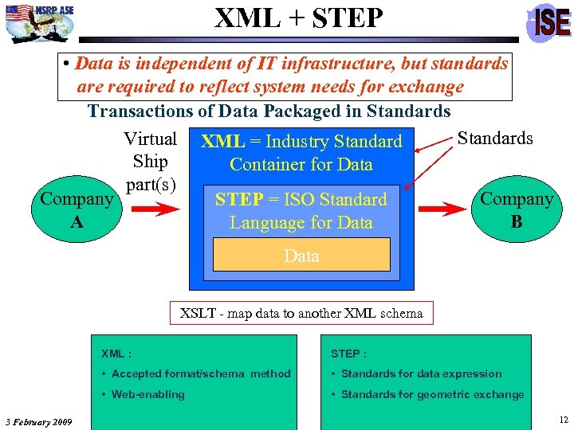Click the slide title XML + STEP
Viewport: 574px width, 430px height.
coord(299,18)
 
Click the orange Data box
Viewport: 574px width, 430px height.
coord(301,256)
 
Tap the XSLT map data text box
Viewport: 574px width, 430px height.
coord(301,313)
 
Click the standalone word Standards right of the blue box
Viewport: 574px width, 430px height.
coord(495,139)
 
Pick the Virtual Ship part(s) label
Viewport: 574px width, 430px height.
coord(151,162)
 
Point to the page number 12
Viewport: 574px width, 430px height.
coord(564,420)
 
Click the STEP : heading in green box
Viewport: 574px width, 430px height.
coord(348,354)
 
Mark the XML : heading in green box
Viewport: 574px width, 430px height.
coord(116,354)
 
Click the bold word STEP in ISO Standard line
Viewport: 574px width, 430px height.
coord(236,200)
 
